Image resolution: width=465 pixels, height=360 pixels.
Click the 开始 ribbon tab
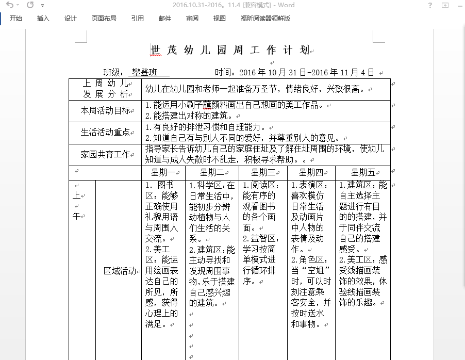(15, 19)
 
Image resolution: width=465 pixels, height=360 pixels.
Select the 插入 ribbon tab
(43, 19)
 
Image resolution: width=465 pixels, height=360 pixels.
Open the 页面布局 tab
(104, 19)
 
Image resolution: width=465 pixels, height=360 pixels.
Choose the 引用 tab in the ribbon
(138, 19)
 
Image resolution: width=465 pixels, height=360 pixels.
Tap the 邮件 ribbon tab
(165, 19)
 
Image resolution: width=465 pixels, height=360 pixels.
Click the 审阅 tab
(192, 19)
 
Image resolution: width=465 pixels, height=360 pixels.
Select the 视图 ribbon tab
(220, 19)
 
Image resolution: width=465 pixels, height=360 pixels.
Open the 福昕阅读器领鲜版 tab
(265, 19)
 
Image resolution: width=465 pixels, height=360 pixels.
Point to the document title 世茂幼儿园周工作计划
(230, 50)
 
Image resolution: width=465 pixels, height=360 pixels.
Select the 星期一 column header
(163, 172)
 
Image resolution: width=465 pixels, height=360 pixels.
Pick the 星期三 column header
(263, 172)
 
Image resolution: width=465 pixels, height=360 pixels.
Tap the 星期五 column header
(363, 172)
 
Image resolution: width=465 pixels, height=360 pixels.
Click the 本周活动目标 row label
(105, 110)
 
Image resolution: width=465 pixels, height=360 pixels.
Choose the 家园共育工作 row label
(105, 154)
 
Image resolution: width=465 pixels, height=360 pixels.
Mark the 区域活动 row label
(120, 271)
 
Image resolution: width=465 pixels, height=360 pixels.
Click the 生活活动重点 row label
(105, 132)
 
